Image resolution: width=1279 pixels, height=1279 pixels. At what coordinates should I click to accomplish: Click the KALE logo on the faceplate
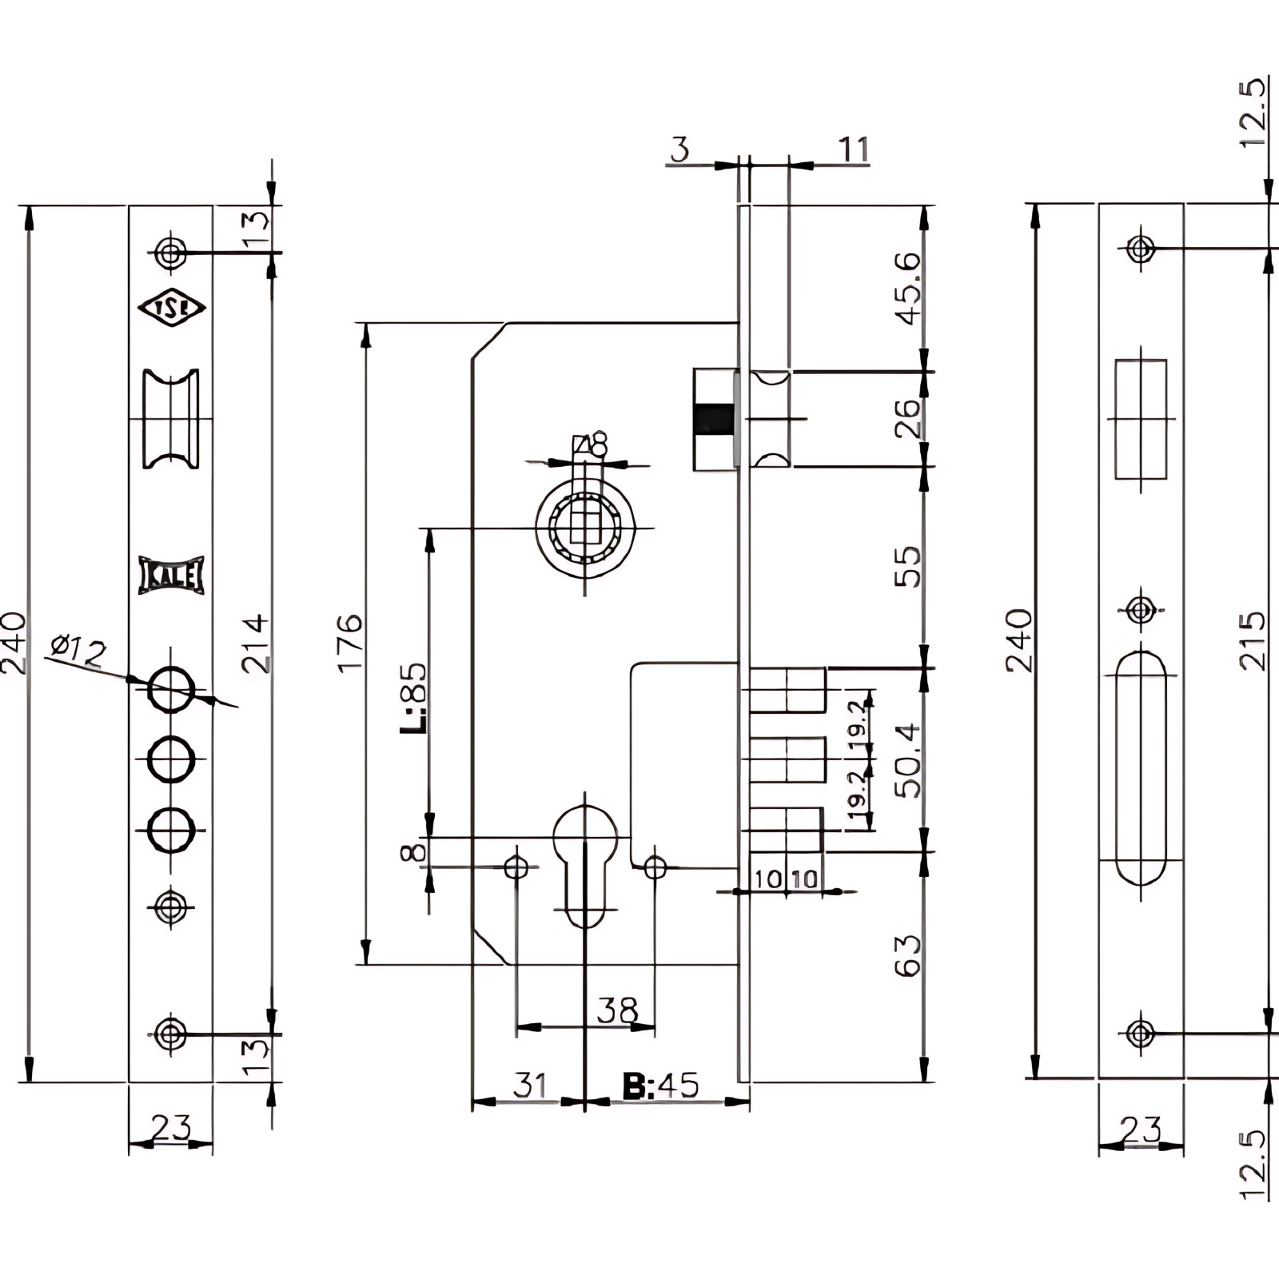click(171, 575)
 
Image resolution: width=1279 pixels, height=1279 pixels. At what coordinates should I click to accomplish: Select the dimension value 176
click(350, 643)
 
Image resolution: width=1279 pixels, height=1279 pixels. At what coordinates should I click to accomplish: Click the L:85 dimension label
click(415, 697)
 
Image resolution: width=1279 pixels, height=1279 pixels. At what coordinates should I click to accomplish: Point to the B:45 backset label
click(660, 1086)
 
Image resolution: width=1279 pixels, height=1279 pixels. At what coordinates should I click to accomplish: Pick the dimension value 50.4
click(908, 760)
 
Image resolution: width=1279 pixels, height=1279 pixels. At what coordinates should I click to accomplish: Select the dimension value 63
click(908, 955)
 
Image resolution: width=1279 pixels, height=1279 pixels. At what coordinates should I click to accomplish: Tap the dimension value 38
click(617, 1010)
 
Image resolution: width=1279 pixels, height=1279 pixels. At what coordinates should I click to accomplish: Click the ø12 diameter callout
click(78, 649)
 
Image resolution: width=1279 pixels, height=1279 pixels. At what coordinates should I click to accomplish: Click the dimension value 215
click(1252, 641)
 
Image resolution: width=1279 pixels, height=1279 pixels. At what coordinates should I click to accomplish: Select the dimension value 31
click(529, 1086)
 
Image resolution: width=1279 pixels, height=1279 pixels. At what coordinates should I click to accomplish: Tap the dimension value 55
click(908, 567)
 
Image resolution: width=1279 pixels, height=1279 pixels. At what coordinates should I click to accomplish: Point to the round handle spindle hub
click(585, 528)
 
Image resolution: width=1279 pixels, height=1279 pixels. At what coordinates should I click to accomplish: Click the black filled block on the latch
click(715, 420)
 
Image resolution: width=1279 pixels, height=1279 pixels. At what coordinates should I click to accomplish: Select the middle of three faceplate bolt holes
click(170, 759)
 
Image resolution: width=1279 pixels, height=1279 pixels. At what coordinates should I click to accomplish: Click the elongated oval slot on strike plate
click(1141, 767)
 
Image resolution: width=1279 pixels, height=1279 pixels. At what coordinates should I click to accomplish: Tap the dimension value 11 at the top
click(853, 149)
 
